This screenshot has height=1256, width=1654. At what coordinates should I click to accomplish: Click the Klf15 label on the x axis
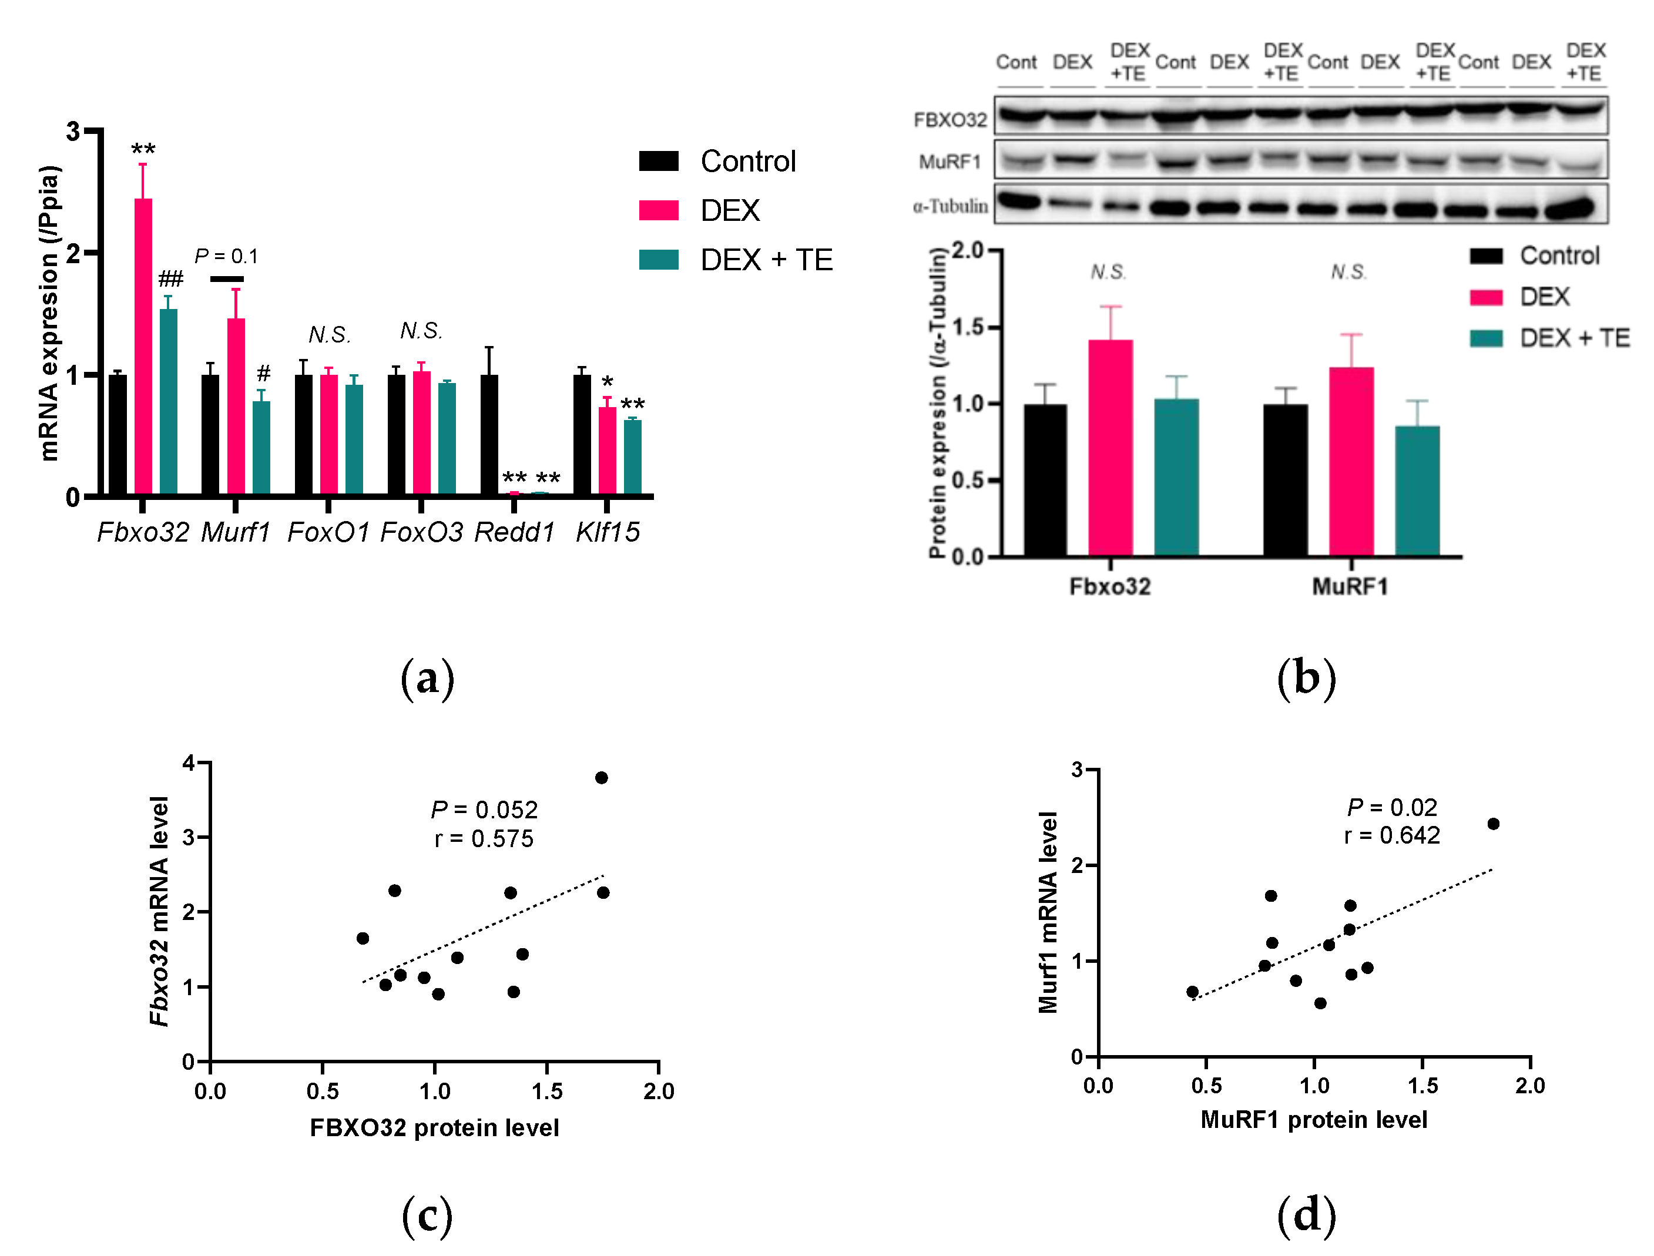pyautogui.click(x=607, y=532)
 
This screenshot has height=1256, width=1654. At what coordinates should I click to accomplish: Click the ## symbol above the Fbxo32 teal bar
pyautogui.click(x=170, y=280)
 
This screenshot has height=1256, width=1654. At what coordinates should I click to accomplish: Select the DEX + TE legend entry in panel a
pyautogui.click(x=766, y=260)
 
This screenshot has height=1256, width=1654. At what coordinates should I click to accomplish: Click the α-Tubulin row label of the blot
pyautogui.click(x=950, y=206)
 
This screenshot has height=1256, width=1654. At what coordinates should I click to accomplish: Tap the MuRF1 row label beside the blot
pyautogui.click(x=950, y=162)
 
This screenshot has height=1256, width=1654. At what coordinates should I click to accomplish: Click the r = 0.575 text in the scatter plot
pyautogui.click(x=484, y=839)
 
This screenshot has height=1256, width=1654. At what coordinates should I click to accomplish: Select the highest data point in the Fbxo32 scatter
pyautogui.click(x=601, y=778)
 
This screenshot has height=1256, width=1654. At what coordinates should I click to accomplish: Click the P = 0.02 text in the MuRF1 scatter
pyautogui.click(x=1391, y=807)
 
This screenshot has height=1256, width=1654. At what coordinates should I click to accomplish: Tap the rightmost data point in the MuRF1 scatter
pyautogui.click(x=1493, y=824)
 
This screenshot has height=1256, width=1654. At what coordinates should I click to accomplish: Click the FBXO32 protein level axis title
pyautogui.click(x=434, y=1127)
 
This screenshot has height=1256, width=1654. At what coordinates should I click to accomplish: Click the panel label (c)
pyautogui.click(x=427, y=1215)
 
